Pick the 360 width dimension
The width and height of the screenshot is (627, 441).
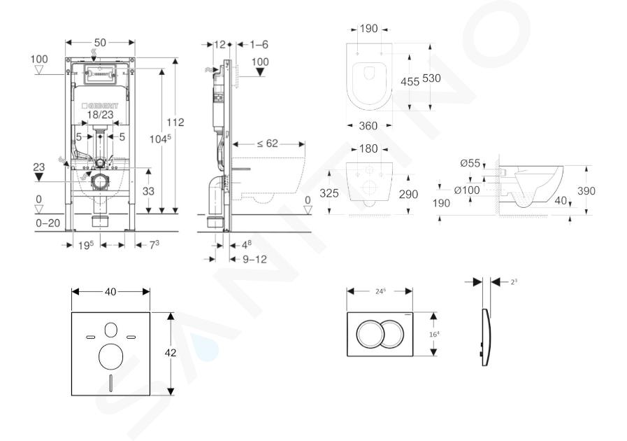[368, 126]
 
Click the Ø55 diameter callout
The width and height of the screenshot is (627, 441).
[470, 163]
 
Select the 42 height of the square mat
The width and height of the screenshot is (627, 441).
[171, 353]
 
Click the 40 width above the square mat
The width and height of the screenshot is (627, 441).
[110, 291]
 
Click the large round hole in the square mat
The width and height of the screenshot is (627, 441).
[110, 357]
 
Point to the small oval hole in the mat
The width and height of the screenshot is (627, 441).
[110, 329]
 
